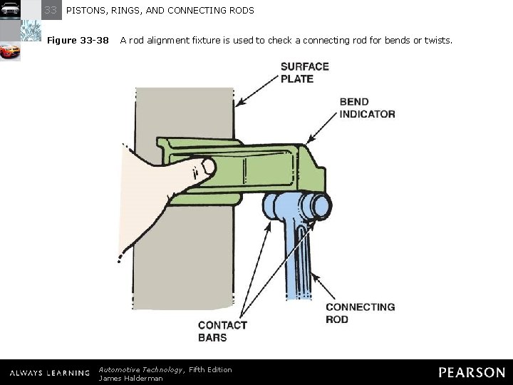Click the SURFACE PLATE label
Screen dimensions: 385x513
coord(304,72)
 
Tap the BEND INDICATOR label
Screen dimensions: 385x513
coord(367,108)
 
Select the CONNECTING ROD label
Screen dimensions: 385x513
coord(360,313)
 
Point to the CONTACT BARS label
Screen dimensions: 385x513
coord(222,331)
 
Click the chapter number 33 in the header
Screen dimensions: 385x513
coord(51,11)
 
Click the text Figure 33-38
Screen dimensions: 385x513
coord(78,41)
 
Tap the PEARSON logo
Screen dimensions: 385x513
coord(471,372)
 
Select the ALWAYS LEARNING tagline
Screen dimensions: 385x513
coord(49,373)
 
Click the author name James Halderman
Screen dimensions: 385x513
coord(130,378)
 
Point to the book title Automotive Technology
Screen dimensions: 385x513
coord(140,369)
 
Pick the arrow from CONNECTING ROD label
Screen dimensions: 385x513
coord(321,278)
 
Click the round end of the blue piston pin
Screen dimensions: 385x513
coord(319,206)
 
